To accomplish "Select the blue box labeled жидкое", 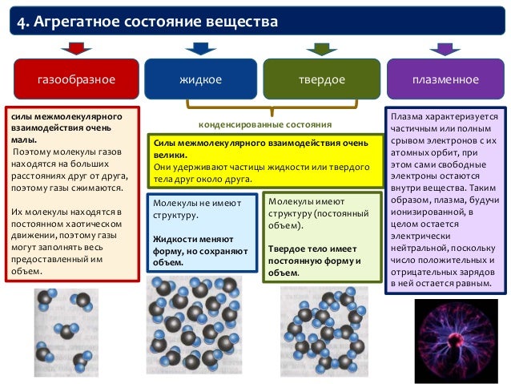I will click(199, 80).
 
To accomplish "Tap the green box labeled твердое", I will click(321, 80).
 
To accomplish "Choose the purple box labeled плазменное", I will click(445, 80).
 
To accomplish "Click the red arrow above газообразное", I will click(77, 48).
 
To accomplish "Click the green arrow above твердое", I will click(321, 48).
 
